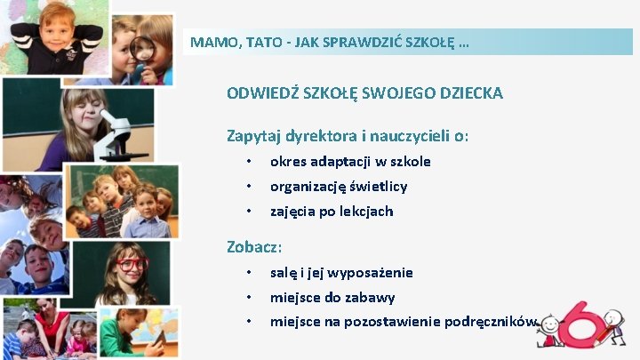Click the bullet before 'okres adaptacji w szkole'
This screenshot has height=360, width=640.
(250, 162)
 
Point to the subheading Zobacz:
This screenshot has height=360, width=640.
(254, 246)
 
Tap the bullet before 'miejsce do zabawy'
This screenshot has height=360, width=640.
(250, 298)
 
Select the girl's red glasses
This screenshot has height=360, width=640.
(132, 264)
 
